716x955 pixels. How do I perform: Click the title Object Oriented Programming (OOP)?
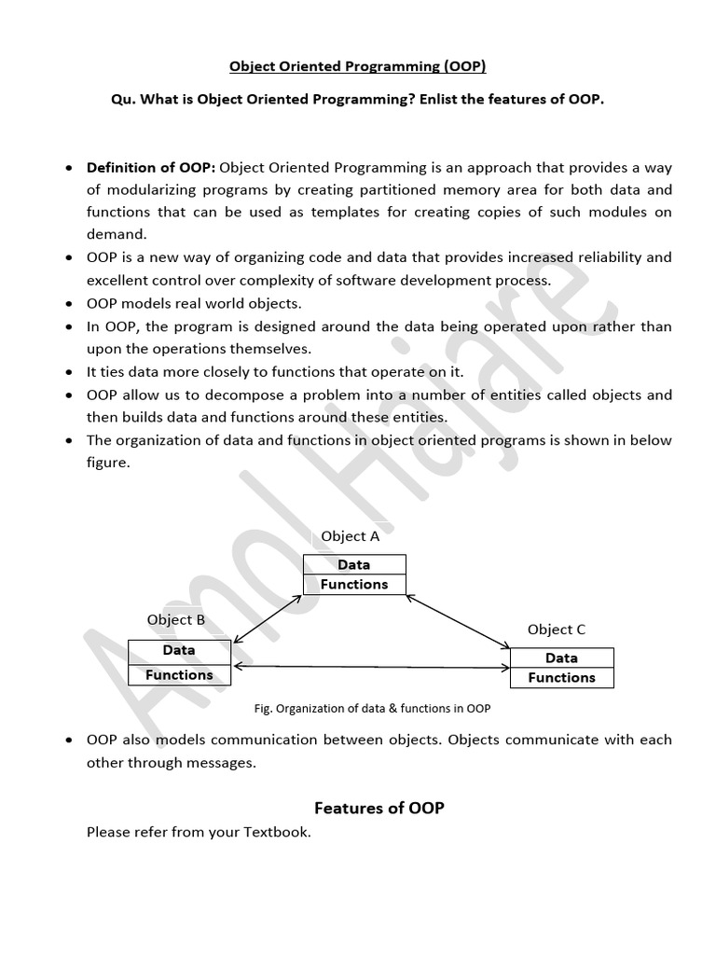click(358, 66)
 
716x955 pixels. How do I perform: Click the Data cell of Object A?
click(354, 564)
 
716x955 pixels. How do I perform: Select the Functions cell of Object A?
click(354, 584)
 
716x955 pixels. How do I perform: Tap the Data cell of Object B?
click(179, 650)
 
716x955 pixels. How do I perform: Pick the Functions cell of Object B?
click(179, 674)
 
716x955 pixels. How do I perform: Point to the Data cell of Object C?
click(561, 657)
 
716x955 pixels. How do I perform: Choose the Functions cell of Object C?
click(561, 678)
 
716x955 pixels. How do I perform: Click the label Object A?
click(350, 536)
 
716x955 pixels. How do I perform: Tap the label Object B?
click(176, 619)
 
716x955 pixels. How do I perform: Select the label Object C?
click(557, 630)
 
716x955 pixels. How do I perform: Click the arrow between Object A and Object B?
click(268, 618)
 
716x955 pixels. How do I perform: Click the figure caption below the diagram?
click(372, 708)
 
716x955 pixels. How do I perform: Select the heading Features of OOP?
click(379, 808)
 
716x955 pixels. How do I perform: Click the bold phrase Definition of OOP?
click(151, 168)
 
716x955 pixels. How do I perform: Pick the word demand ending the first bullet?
click(116, 234)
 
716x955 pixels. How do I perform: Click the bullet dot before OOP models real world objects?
click(71, 305)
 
